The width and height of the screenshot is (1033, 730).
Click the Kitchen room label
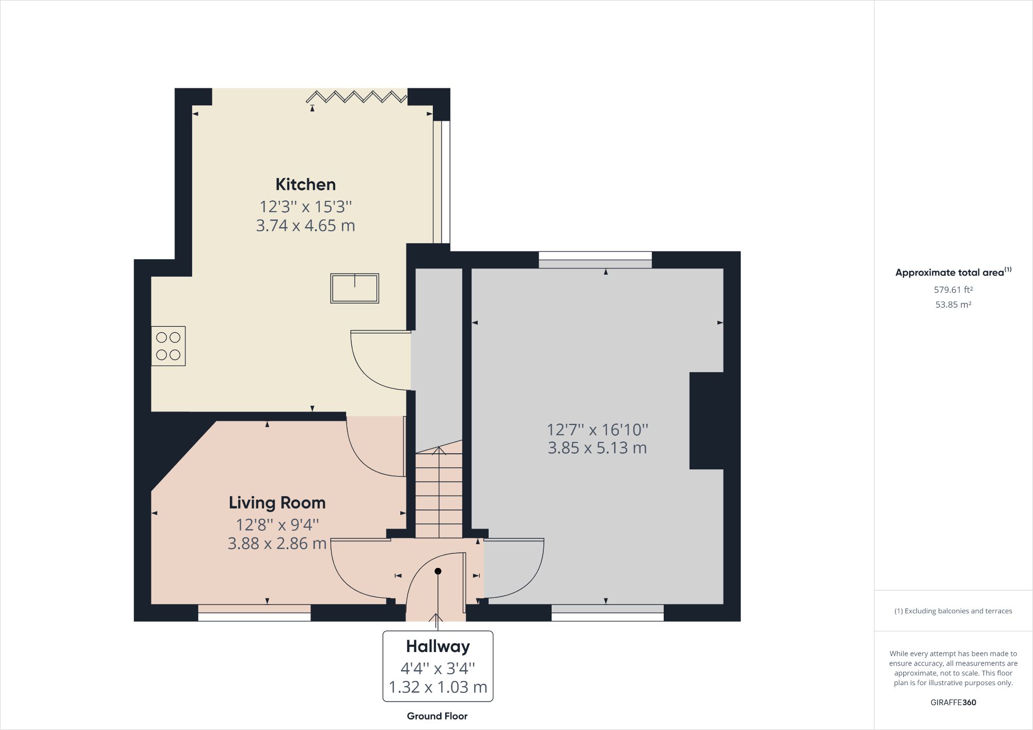tap(305, 184)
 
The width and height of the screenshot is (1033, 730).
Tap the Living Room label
tap(277, 502)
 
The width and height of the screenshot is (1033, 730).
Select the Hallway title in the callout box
tap(437, 646)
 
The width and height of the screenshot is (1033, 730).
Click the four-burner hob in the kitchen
tap(168, 346)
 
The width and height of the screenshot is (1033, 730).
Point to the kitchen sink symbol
tap(355, 288)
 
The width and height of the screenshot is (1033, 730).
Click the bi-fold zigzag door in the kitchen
tap(356, 97)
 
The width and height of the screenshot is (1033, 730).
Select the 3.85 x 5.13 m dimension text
tap(597, 448)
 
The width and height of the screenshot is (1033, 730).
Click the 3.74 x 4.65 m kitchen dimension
tap(305, 226)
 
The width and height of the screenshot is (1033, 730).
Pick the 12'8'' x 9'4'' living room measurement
tap(277, 525)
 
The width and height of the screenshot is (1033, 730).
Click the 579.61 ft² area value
tap(953, 290)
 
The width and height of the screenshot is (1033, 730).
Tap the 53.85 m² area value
tap(953, 305)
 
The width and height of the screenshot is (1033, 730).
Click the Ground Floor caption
tap(437, 716)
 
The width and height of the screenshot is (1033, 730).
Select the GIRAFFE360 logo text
tap(953, 702)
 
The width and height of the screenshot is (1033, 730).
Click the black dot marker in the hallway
tap(438, 571)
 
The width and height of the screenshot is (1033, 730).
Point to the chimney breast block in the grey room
tap(706, 421)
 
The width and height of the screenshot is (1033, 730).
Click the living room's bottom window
tap(255, 613)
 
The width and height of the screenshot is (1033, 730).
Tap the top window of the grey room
tap(595, 260)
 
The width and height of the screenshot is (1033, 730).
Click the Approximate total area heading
tap(953, 273)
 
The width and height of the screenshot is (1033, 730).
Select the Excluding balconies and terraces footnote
tap(953, 611)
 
